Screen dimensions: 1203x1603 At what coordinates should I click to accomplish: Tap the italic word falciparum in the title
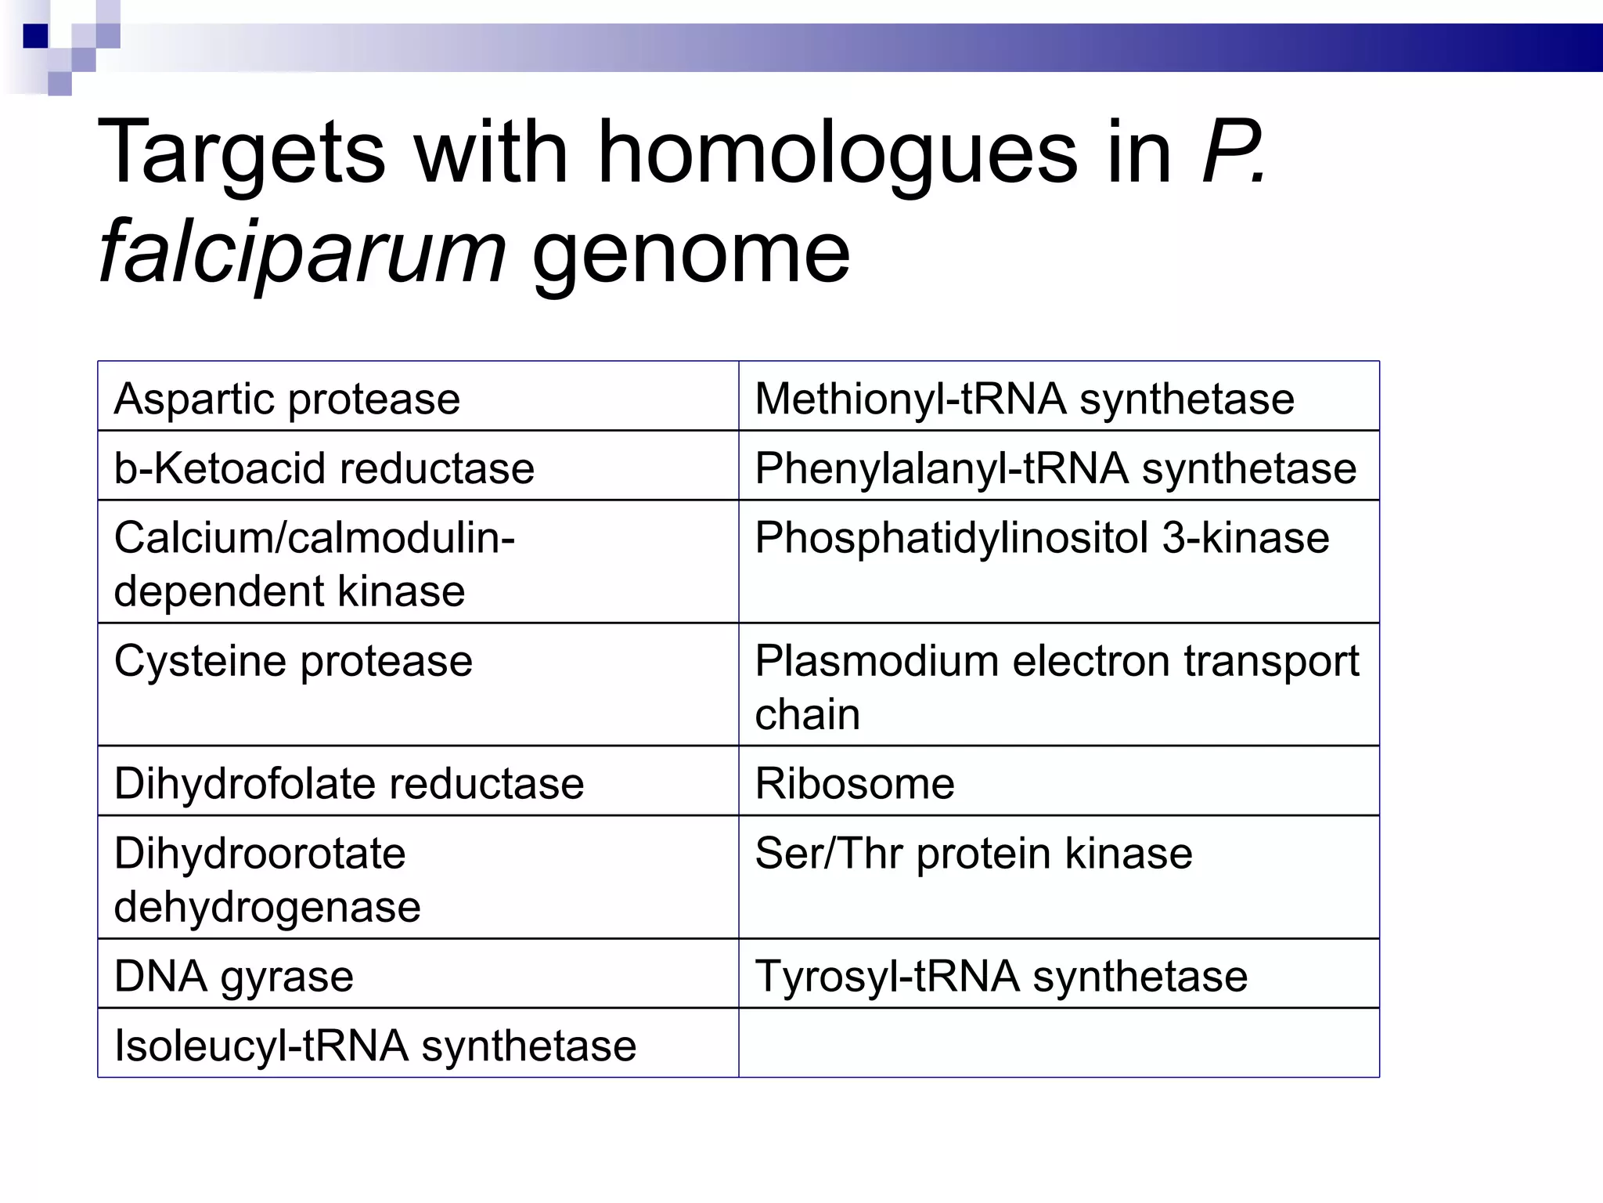point(302,252)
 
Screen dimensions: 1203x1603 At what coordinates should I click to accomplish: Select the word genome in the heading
point(690,252)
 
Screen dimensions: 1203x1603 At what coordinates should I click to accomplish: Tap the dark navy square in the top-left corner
point(35,36)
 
